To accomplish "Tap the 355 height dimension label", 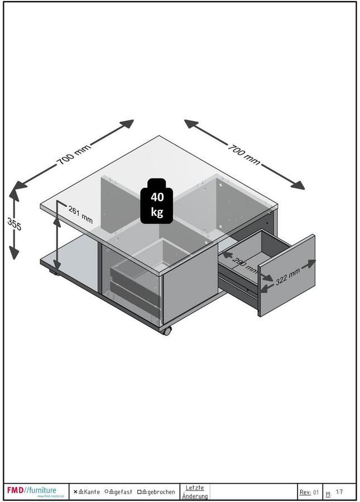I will click(x=14, y=224).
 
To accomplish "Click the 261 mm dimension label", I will click(x=80, y=214).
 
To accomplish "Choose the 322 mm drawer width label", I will click(x=287, y=275).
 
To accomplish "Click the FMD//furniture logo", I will click(x=32, y=491).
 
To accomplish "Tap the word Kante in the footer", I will click(x=92, y=492).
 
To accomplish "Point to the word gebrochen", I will click(x=161, y=492).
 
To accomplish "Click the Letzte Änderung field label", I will click(x=195, y=492).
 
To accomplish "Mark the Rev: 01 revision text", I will click(x=309, y=492).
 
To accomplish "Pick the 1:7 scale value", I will click(x=339, y=492).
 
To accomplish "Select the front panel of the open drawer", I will click(x=286, y=275).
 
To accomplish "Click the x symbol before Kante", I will click(x=75, y=492).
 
